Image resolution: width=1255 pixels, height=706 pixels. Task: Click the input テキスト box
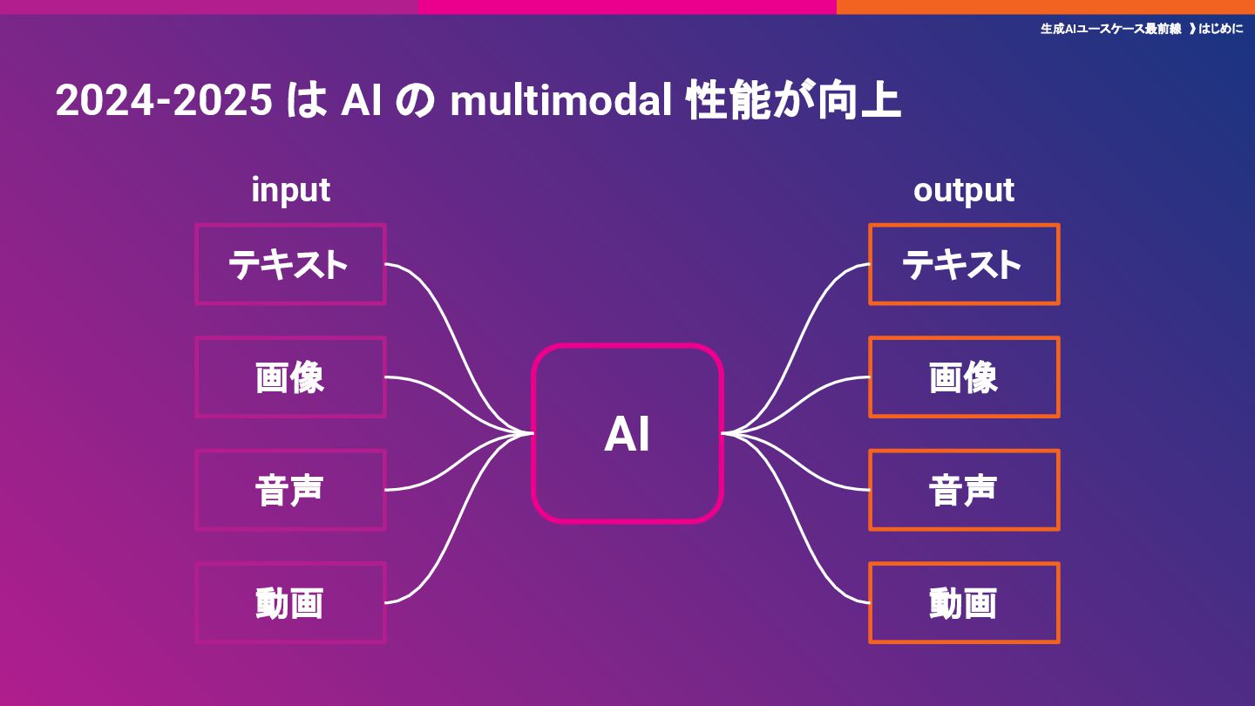(290, 264)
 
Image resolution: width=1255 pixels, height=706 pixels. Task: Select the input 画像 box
(290, 377)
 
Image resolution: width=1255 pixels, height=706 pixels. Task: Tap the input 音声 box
(290, 490)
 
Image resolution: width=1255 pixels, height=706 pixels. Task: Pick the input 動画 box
(290, 603)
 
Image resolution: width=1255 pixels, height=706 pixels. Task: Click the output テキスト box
(964, 264)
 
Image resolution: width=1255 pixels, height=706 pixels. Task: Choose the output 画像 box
(964, 377)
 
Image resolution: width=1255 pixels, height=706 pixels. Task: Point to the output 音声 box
(964, 490)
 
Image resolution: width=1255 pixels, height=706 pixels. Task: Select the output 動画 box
(964, 603)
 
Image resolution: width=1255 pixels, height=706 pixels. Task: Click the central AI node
(627, 433)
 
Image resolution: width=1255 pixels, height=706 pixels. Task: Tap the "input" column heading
(290, 190)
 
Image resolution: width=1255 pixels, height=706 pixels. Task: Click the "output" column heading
(964, 190)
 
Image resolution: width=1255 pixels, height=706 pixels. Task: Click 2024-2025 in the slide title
(164, 102)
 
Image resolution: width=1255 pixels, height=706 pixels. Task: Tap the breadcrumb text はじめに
(1221, 29)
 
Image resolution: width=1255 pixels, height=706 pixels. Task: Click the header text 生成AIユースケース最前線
(1110, 29)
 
